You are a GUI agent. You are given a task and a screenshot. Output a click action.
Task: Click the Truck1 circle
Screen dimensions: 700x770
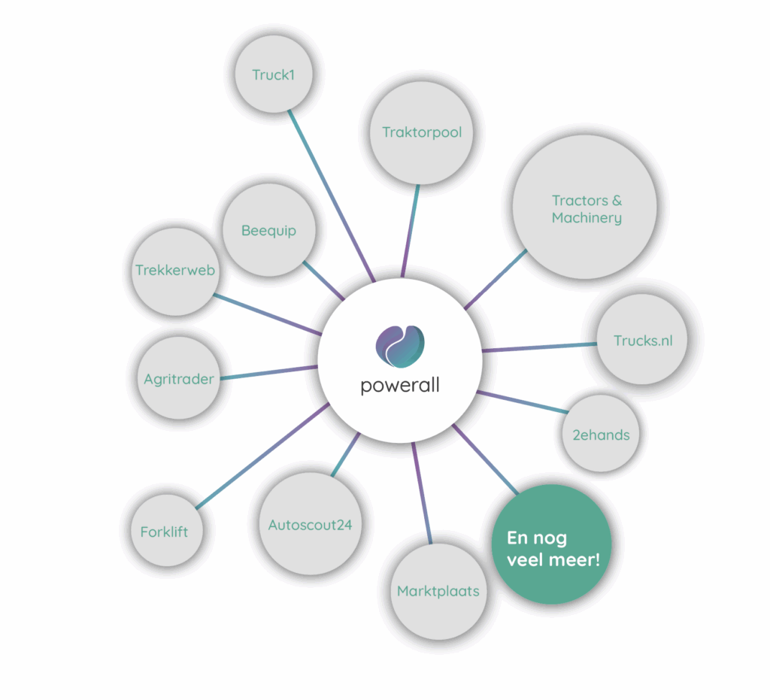tap(273, 74)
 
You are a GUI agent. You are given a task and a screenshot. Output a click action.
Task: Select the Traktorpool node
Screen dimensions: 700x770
tap(421, 133)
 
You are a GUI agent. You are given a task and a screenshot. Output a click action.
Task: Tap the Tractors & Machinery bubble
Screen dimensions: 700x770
tap(585, 208)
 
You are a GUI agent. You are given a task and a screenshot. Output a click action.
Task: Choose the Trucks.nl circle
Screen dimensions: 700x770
tap(643, 341)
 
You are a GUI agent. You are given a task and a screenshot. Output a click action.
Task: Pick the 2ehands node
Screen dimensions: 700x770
tap(600, 434)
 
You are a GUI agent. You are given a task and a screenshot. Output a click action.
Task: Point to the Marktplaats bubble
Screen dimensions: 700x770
tap(438, 590)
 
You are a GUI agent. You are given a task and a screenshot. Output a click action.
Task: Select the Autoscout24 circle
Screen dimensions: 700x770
tap(310, 525)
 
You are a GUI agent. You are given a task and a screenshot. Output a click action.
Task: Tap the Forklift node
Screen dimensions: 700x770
tap(164, 532)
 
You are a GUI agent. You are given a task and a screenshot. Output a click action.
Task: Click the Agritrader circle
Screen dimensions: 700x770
tap(179, 379)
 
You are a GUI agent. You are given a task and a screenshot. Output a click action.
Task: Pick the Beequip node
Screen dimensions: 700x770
tap(268, 231)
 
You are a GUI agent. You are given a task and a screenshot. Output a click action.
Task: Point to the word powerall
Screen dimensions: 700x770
tap(399, 386)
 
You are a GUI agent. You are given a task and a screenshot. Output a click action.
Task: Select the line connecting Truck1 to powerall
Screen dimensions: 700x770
tap(331, 195)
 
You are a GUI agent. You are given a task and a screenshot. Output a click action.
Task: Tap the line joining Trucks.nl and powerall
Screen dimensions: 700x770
tap(538, 347)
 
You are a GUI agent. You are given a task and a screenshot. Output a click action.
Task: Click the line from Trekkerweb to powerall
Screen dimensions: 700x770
tap(267, 314)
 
